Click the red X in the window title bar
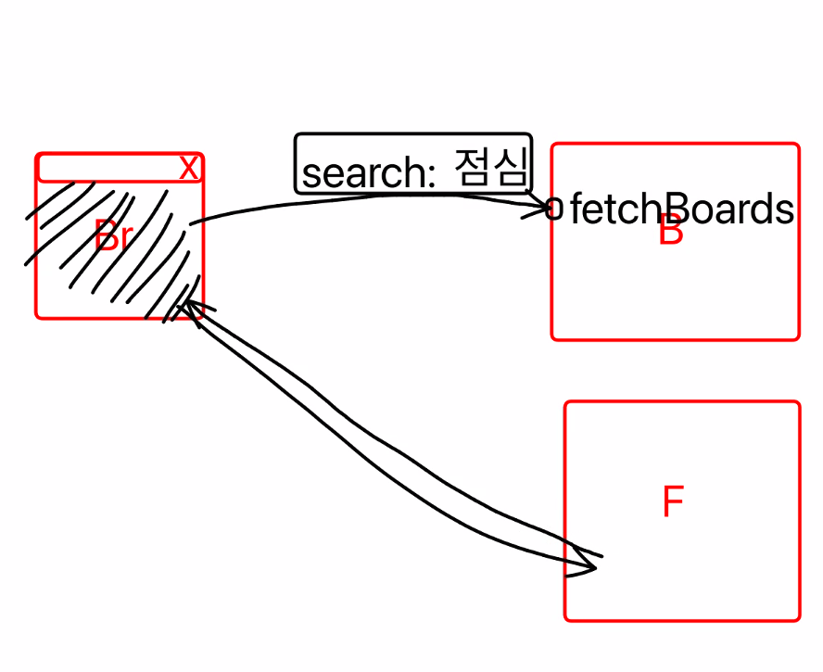[188, 169]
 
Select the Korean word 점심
[491, 170]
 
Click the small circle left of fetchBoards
[555, 209]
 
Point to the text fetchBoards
[681, 210]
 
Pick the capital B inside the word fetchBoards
[668, 210]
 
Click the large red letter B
[670, 233]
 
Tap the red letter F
[673, 502]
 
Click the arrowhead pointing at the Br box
[191, 307]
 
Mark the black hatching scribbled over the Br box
[111, 250]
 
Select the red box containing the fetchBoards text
[675, 297]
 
